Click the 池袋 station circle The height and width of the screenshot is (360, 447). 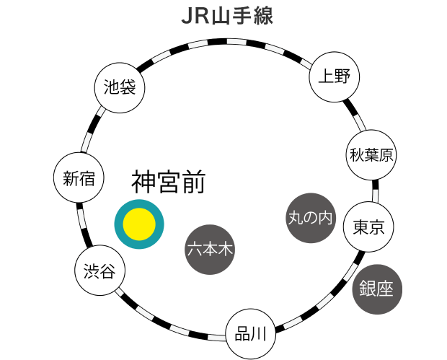120,89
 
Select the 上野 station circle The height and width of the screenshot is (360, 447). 334,76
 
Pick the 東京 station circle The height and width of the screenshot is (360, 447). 368,227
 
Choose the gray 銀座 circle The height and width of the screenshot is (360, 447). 376,290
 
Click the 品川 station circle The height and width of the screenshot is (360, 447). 250,334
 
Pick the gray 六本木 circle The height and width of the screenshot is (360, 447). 210,250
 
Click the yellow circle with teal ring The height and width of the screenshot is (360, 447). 139,224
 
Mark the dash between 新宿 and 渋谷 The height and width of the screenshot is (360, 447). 82,216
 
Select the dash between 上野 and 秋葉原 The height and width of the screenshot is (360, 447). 358,119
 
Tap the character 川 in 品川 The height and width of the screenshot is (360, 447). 260,334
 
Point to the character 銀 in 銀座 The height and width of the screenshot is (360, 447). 368,290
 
